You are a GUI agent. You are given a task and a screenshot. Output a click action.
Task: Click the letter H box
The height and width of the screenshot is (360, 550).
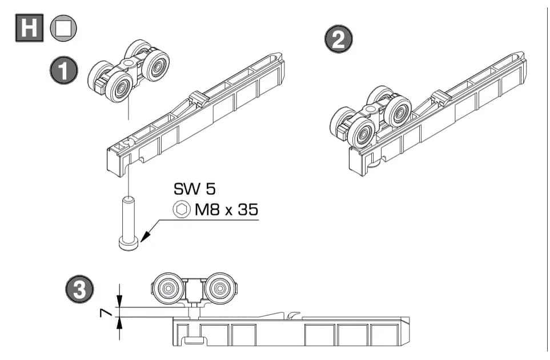click(x=30, y=28)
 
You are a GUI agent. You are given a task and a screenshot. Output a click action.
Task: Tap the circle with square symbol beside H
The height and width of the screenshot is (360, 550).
click(x=63, y=28)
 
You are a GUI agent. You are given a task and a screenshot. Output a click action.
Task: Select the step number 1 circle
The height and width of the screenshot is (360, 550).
click(x=63, y=70)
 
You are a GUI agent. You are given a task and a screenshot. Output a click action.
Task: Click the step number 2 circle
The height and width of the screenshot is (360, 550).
click(x=339, y=39)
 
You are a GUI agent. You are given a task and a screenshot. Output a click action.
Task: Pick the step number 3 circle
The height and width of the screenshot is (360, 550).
click(x=79, y=289)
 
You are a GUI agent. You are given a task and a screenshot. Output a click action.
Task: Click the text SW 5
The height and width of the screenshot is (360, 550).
click(x=194, y=189)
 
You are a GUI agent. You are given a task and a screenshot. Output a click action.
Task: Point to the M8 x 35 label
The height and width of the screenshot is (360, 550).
click(x=227, y=210)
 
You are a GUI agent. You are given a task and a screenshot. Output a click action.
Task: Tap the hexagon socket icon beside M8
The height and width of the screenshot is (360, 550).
click(x=182, y=210)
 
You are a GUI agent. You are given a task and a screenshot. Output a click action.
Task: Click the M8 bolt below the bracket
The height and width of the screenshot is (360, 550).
click(x=129, y=223)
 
